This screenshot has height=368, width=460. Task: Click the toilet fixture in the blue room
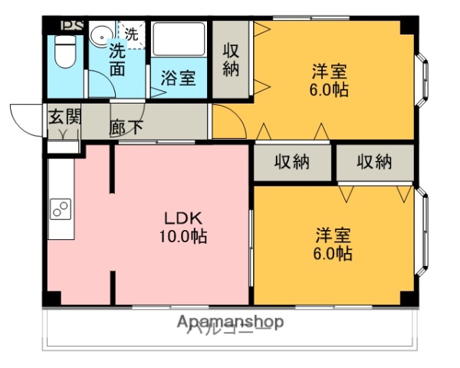64,51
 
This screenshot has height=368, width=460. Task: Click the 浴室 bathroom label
177,77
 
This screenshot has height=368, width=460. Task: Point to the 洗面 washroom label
117,60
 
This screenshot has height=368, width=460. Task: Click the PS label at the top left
71,25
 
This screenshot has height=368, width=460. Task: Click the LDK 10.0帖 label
182,226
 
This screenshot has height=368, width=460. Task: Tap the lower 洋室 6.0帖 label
333,244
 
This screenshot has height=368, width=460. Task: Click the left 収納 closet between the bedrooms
292,163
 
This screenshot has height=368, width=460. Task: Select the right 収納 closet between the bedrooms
374,163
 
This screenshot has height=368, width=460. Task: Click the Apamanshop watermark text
230,322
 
